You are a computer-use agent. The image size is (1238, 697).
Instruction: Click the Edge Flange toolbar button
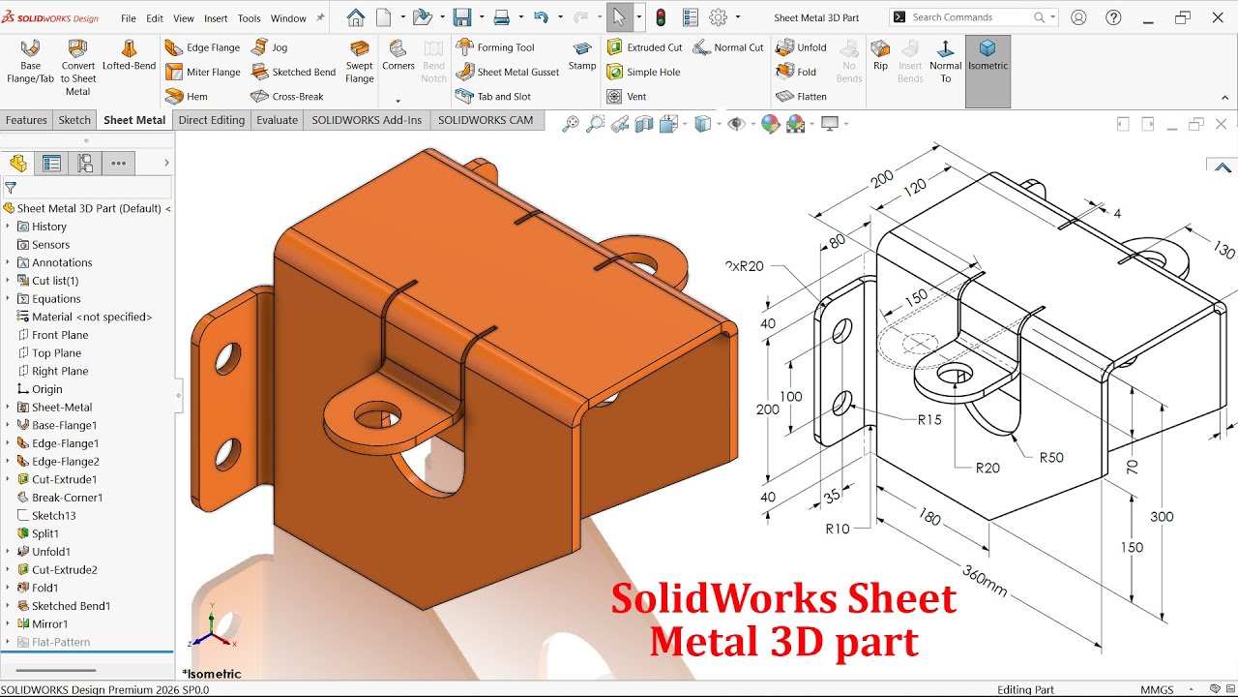[202, 47]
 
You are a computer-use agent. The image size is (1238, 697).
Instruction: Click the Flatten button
[802, 97]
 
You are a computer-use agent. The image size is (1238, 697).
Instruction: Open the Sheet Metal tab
[134, 120]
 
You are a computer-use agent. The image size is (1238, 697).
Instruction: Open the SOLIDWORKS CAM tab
[485, 120]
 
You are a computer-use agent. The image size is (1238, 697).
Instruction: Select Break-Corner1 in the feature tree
[67, 498]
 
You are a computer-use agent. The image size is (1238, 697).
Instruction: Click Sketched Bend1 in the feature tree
[71, 606]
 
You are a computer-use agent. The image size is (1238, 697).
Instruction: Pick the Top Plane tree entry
[56, 353]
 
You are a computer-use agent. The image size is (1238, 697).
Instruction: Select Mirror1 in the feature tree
[49, 624]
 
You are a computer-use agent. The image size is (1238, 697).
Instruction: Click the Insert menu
[216, 18]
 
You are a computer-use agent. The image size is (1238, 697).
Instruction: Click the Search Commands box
[971, 17]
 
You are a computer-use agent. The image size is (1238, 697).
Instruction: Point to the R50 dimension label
[1051, 457]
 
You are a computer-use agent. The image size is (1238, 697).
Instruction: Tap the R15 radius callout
[929, 419]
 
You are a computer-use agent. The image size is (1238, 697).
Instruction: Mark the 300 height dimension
[1162, 517]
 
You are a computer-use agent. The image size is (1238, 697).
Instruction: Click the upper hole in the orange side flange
[228, 358]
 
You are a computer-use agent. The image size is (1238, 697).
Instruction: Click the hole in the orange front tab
[377, 417]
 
